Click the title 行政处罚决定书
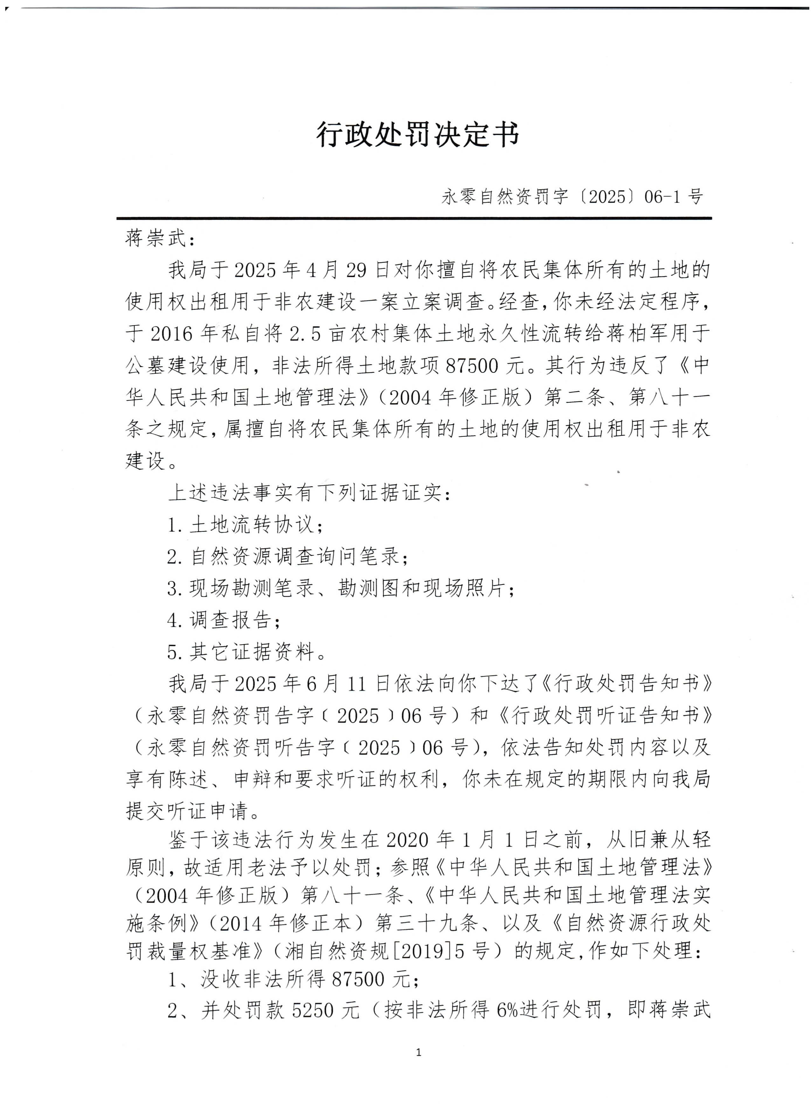(417, 134)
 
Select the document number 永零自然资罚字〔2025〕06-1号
(572, 197)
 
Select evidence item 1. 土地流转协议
(245, 525)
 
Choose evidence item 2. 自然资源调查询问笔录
(287, 557)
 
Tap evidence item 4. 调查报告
(224, 620)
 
